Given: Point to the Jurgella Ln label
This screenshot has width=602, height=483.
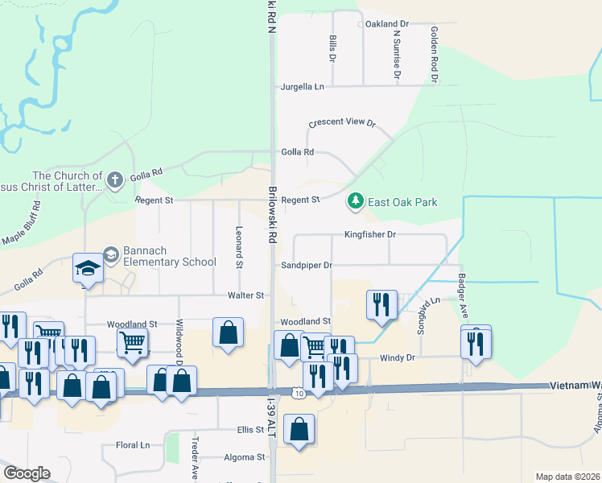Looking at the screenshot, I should click(302, 86).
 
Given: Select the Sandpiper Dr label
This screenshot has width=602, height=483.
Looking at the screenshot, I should click(306, 265).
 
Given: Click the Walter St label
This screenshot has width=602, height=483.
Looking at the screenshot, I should click(245, 295).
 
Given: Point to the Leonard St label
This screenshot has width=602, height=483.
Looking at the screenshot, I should click(239, 246).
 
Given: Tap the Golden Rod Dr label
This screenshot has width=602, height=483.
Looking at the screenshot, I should click(434, 54).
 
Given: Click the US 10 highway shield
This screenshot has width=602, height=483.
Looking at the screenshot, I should click(298, 393).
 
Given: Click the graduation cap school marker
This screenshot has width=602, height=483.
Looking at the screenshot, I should click(88, 268).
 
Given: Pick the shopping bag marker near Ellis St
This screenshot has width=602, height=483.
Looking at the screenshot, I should click(299, 430).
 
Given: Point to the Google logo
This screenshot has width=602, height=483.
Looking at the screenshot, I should click(27, 473).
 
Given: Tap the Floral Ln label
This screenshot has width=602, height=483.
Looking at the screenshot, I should click(133, 444).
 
